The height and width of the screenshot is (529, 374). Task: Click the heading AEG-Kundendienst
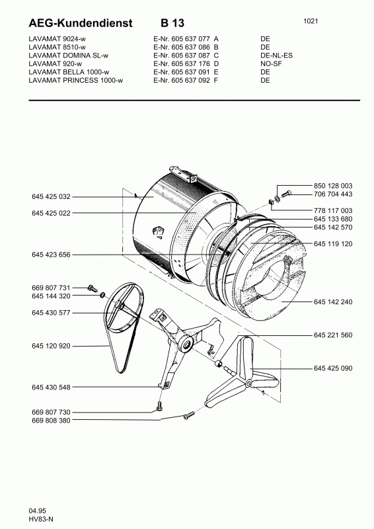[x=81, y=23]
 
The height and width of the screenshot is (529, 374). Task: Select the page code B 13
[x=172, y=23]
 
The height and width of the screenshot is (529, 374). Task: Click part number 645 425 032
[x=52, y=196]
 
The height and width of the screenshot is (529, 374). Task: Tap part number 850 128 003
[x=333, y=186]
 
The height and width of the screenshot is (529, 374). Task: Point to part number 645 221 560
[x=333, y=335]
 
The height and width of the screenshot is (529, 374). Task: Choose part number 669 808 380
[x=52, y=421]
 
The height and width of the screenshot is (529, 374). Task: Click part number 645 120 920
[x=52, y=346]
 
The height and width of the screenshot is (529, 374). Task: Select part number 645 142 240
[x=333, y=302]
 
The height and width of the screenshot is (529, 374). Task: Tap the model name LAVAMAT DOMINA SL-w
[x=69, y=56]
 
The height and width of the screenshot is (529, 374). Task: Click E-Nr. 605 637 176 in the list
[x=182, y=63]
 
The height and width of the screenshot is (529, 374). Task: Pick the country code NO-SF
[x=271, y=63]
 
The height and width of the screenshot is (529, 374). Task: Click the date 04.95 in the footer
[x=38, y=510]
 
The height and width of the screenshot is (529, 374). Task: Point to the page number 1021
[x=311, y=21]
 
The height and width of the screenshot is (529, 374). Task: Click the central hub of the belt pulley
[x=118, y=305]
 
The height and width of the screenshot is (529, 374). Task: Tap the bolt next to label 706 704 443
[x=286, y=194]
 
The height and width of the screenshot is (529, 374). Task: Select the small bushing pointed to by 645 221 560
[x=219, y=363]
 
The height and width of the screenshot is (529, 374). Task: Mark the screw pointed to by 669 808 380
[x=189, y=415]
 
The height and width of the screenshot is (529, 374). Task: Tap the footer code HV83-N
[x=41, y=520]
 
